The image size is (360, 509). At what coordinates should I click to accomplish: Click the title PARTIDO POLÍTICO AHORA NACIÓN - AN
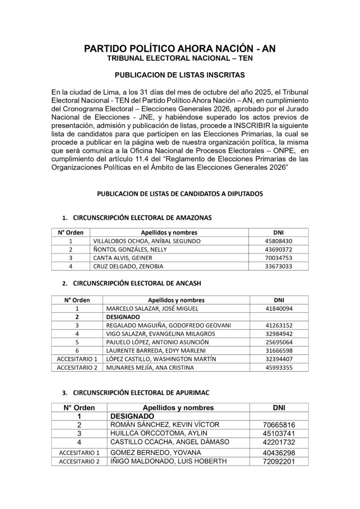tap(180, 49)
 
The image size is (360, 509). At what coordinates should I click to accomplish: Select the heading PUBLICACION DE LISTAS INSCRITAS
tap(180, 76)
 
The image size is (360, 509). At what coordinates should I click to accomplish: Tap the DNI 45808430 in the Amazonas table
tap(278, 241)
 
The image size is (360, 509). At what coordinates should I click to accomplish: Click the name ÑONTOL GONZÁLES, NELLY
tap(124, 249)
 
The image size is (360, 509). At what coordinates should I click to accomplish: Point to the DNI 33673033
tap(278, 266)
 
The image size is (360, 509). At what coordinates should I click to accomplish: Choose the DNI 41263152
tap(278, 325)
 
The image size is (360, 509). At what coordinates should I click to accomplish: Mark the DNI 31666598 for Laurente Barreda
tap(278, 350)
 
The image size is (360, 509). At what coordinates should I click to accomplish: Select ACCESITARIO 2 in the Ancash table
tap(77, 367)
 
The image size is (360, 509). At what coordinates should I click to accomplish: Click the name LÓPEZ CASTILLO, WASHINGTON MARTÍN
tap(159, 359)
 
